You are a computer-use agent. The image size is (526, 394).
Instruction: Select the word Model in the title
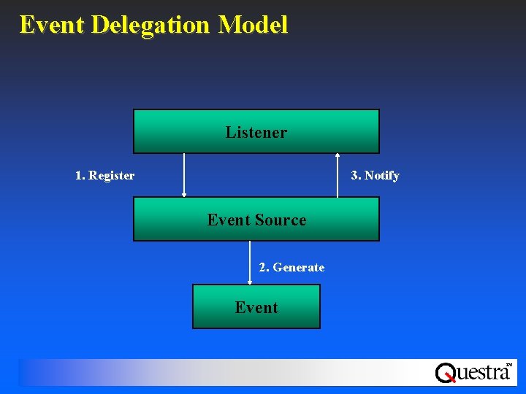(x=253, y=25)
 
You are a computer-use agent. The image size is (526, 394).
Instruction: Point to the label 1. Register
(x=104, y=176)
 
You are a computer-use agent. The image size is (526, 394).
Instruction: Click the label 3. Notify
(x=375, y=176)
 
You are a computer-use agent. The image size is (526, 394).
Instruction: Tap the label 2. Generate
(x=291, y=268)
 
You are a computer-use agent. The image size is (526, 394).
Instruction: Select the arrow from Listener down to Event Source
(x=184, y=175)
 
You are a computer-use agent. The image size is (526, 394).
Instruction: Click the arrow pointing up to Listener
(x=338, y=175)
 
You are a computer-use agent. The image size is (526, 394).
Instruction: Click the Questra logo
(x=473, y=372)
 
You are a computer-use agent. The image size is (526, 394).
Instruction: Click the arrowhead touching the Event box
(x=250, y=282)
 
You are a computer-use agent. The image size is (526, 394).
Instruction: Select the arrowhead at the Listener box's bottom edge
(x=338, y=155)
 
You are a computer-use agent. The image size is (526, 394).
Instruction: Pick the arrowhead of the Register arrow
(x=184, y=195)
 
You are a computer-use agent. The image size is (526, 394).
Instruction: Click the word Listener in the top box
(x=256, y=132)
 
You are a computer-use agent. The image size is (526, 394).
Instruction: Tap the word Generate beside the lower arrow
(x=299, y=268)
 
